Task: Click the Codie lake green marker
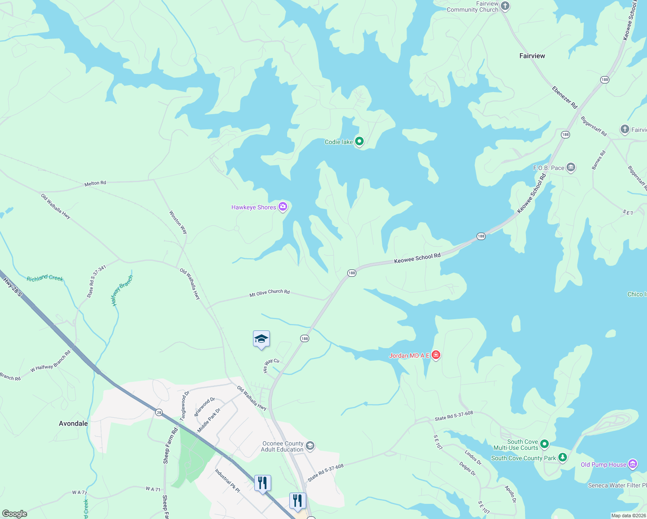pos(359,141)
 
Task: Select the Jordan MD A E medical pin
pos(436,355)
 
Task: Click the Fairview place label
pos(532,56)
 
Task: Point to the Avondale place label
pos(73,423)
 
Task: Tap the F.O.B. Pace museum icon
pos(571,167)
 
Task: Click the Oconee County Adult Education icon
pos(310,446)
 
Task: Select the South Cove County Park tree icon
pos(562,457)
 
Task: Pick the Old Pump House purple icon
pos(633,464)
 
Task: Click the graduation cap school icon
pos(261,339)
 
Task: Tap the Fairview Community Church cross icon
pos(505,6)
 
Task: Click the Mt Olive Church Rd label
pos(269,293)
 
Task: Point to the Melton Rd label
pos(95,183)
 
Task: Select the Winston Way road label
pos(178,222)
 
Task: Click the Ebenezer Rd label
pos(564,97)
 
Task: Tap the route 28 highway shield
pos(159,413)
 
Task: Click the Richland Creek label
pos(45,278)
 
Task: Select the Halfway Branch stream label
pos(122,290)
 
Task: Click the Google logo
pos(15,514)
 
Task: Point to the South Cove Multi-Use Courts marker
pos(545,444)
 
